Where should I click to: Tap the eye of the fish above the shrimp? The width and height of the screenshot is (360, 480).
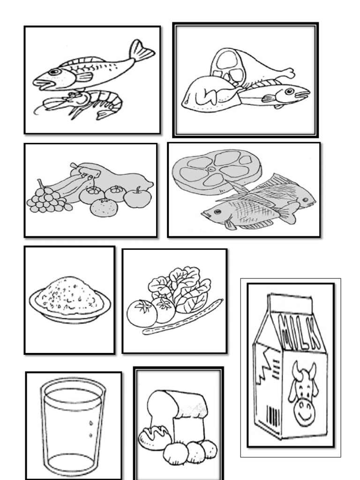coord(54,72)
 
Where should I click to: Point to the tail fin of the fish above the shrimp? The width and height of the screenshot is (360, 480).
coord(141,51)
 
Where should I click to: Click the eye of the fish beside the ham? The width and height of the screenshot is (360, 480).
coord(289,91)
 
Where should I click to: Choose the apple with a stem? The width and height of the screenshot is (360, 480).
coord(137,197)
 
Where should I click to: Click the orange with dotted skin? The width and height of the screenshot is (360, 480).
coord(104,208)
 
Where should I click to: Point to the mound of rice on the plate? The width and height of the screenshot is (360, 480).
coord(70,296)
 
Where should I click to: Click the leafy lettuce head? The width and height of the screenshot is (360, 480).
coord(180,289)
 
